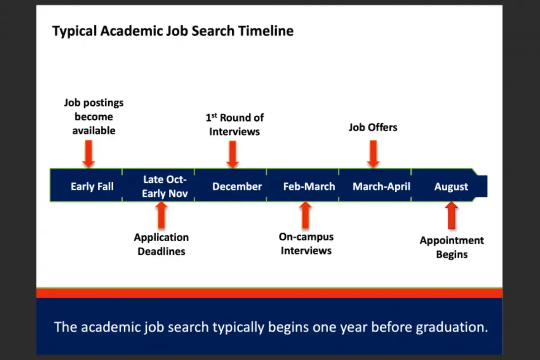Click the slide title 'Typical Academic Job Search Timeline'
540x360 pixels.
pos(173,31)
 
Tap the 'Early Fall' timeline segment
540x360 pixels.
pos(92,186)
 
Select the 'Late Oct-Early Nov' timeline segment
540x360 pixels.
pos(164,186)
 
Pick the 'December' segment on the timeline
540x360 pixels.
pos(237,186)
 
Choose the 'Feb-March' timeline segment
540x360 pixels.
pos(309,186)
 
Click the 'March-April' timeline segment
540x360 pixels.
pos(381,186)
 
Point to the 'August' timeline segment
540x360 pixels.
pos(451,186)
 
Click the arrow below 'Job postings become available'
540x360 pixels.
pos(89,154)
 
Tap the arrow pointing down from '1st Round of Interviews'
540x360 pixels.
pos(232,154)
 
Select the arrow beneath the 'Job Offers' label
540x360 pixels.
pos(373,153)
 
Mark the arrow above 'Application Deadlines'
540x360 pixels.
pos(162,215)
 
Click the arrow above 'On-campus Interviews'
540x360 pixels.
pos(306,215)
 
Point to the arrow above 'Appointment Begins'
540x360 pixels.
pos(451,215)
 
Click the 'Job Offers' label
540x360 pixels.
pos(373,127)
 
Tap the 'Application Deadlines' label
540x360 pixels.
pos(162,244)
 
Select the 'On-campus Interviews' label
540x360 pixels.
pos(306,244)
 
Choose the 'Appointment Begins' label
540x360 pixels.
pos(452,247)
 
